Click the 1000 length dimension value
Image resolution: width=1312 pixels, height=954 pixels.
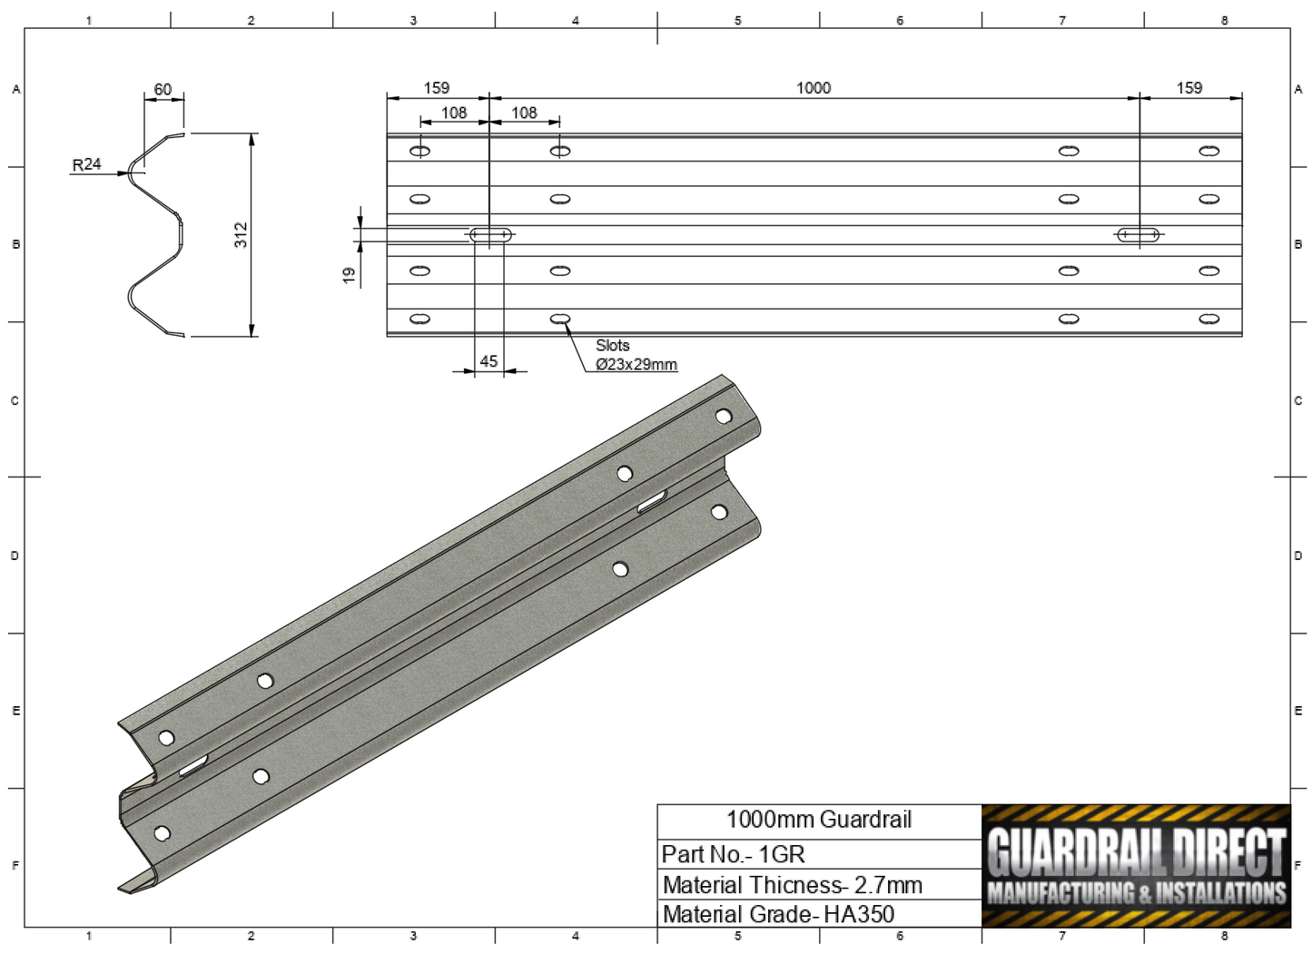pos(813,88)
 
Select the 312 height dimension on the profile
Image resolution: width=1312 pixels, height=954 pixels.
pos(241,234)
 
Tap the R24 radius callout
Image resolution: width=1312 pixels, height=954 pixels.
pos(86,164)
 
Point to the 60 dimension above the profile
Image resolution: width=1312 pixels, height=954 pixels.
pos(163,89)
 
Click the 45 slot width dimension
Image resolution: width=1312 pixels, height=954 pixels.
pos(488,361)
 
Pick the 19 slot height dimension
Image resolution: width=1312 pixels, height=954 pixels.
pos(349,274)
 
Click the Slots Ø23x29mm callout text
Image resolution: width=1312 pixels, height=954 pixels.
pos(635,355)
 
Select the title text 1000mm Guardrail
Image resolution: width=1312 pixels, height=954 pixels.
pos(818,820)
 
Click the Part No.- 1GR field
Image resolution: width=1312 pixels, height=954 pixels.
pos(733,854)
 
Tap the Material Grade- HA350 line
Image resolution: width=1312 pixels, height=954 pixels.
pos(778,914)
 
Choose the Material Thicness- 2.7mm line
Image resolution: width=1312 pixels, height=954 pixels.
pos(792,885)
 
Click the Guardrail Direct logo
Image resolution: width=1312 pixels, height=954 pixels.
pos(1136,866)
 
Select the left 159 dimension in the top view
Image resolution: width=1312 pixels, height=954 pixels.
pos(436,88)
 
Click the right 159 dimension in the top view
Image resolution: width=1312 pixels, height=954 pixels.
pos(1189,88)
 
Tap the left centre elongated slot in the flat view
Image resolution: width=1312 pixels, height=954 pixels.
pos(490,235)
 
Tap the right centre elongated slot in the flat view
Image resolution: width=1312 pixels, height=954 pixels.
pos(1139,235)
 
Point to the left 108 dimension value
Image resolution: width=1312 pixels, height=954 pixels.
pos(454,113)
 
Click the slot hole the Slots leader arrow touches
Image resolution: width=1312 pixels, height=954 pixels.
pos(560,319)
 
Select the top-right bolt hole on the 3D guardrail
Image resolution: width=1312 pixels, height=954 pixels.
pos(724,417)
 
